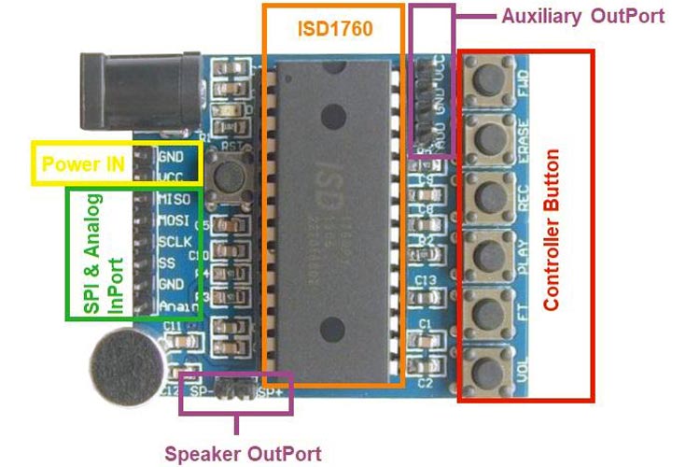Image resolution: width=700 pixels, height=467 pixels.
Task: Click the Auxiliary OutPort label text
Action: pyautogui.click(x=582, y=16)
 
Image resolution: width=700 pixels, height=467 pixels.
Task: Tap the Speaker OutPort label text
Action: pyautogui.click(x=243, y=455)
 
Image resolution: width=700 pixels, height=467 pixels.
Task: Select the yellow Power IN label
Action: pyautogui.click(x=84, y=164)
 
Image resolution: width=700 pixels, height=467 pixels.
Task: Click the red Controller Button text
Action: pyautogui.click(x=552, y=229)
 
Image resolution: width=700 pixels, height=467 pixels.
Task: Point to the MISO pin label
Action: pyautogui.click(x=175, y=200)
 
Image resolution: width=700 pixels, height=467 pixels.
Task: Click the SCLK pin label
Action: pyautogui.click(x=175, y=242)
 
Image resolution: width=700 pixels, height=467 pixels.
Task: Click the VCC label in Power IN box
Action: pyautogui.click(x=171, y=177)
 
